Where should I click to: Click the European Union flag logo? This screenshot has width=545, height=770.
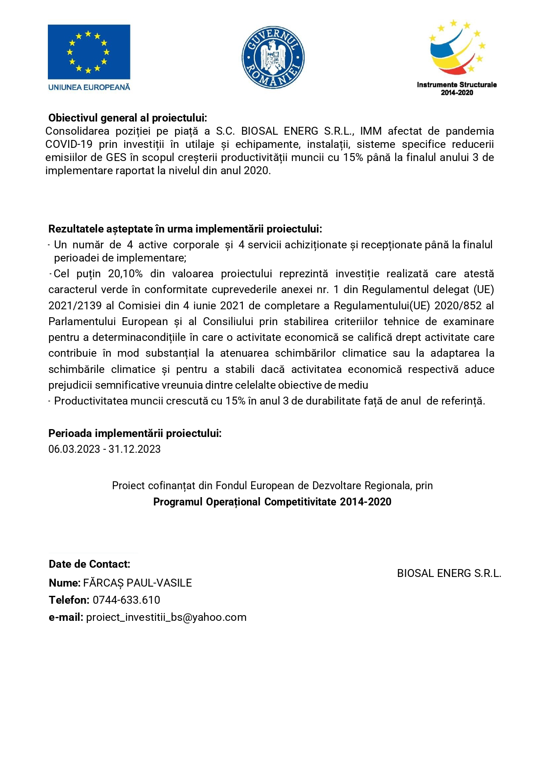point(89,52)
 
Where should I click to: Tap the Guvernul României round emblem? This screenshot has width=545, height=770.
point(273,57)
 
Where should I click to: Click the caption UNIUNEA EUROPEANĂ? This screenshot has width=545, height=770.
point(89,87)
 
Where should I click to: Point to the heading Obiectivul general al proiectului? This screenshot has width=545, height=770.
point(127,118)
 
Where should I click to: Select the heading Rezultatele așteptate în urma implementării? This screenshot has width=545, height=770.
point(185,229)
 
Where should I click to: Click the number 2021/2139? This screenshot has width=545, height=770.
point(75,306)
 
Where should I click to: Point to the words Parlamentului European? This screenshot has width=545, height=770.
point(108,322)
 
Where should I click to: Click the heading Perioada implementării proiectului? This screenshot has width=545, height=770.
point(135,433)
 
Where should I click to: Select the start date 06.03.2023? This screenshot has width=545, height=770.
point(74,449)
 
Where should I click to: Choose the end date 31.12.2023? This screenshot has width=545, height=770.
point(134,449)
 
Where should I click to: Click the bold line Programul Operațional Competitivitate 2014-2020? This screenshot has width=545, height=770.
point(272,502)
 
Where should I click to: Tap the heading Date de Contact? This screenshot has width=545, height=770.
point(89,564)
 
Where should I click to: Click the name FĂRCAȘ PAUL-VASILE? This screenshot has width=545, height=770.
point(137,583)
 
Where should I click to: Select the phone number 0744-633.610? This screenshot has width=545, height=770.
point(126,600)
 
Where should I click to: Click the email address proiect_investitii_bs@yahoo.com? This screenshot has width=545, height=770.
point(166,617)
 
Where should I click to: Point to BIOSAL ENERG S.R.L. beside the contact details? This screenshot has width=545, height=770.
point(449,573)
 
